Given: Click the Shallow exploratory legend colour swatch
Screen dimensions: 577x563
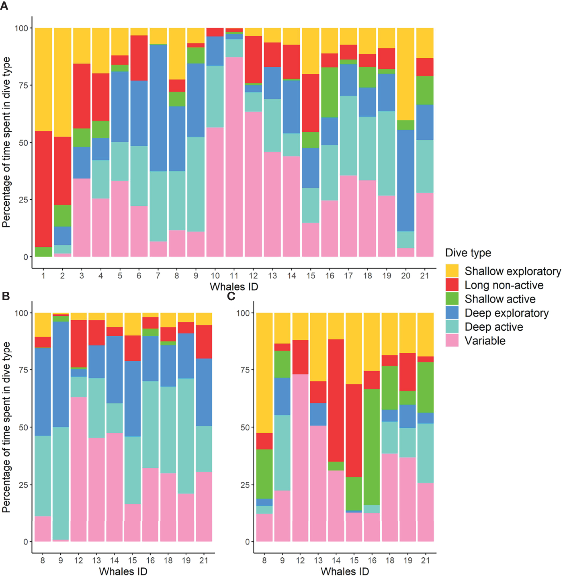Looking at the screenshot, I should (452, 271).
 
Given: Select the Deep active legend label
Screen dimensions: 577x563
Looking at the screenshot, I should (493, 327).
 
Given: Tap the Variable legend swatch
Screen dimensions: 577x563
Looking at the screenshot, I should (452, 340).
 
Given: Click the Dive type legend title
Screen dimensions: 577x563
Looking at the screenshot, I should (468, 253).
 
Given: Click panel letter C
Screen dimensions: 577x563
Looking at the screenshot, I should (231, 296).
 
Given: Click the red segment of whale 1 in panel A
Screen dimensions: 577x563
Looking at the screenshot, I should (43, 189).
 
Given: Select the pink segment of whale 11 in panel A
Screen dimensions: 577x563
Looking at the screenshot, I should (234, 157).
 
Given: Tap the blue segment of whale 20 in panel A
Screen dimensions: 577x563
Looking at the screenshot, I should (405, 180).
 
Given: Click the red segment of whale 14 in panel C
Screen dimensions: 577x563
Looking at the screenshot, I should (336, 400).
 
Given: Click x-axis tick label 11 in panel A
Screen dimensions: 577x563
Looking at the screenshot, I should (234, 276).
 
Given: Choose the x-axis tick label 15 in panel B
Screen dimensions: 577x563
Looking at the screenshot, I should (132, 560).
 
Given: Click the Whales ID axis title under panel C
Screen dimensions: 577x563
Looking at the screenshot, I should (344, 571).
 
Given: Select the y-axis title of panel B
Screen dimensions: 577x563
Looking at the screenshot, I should (6, 427).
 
